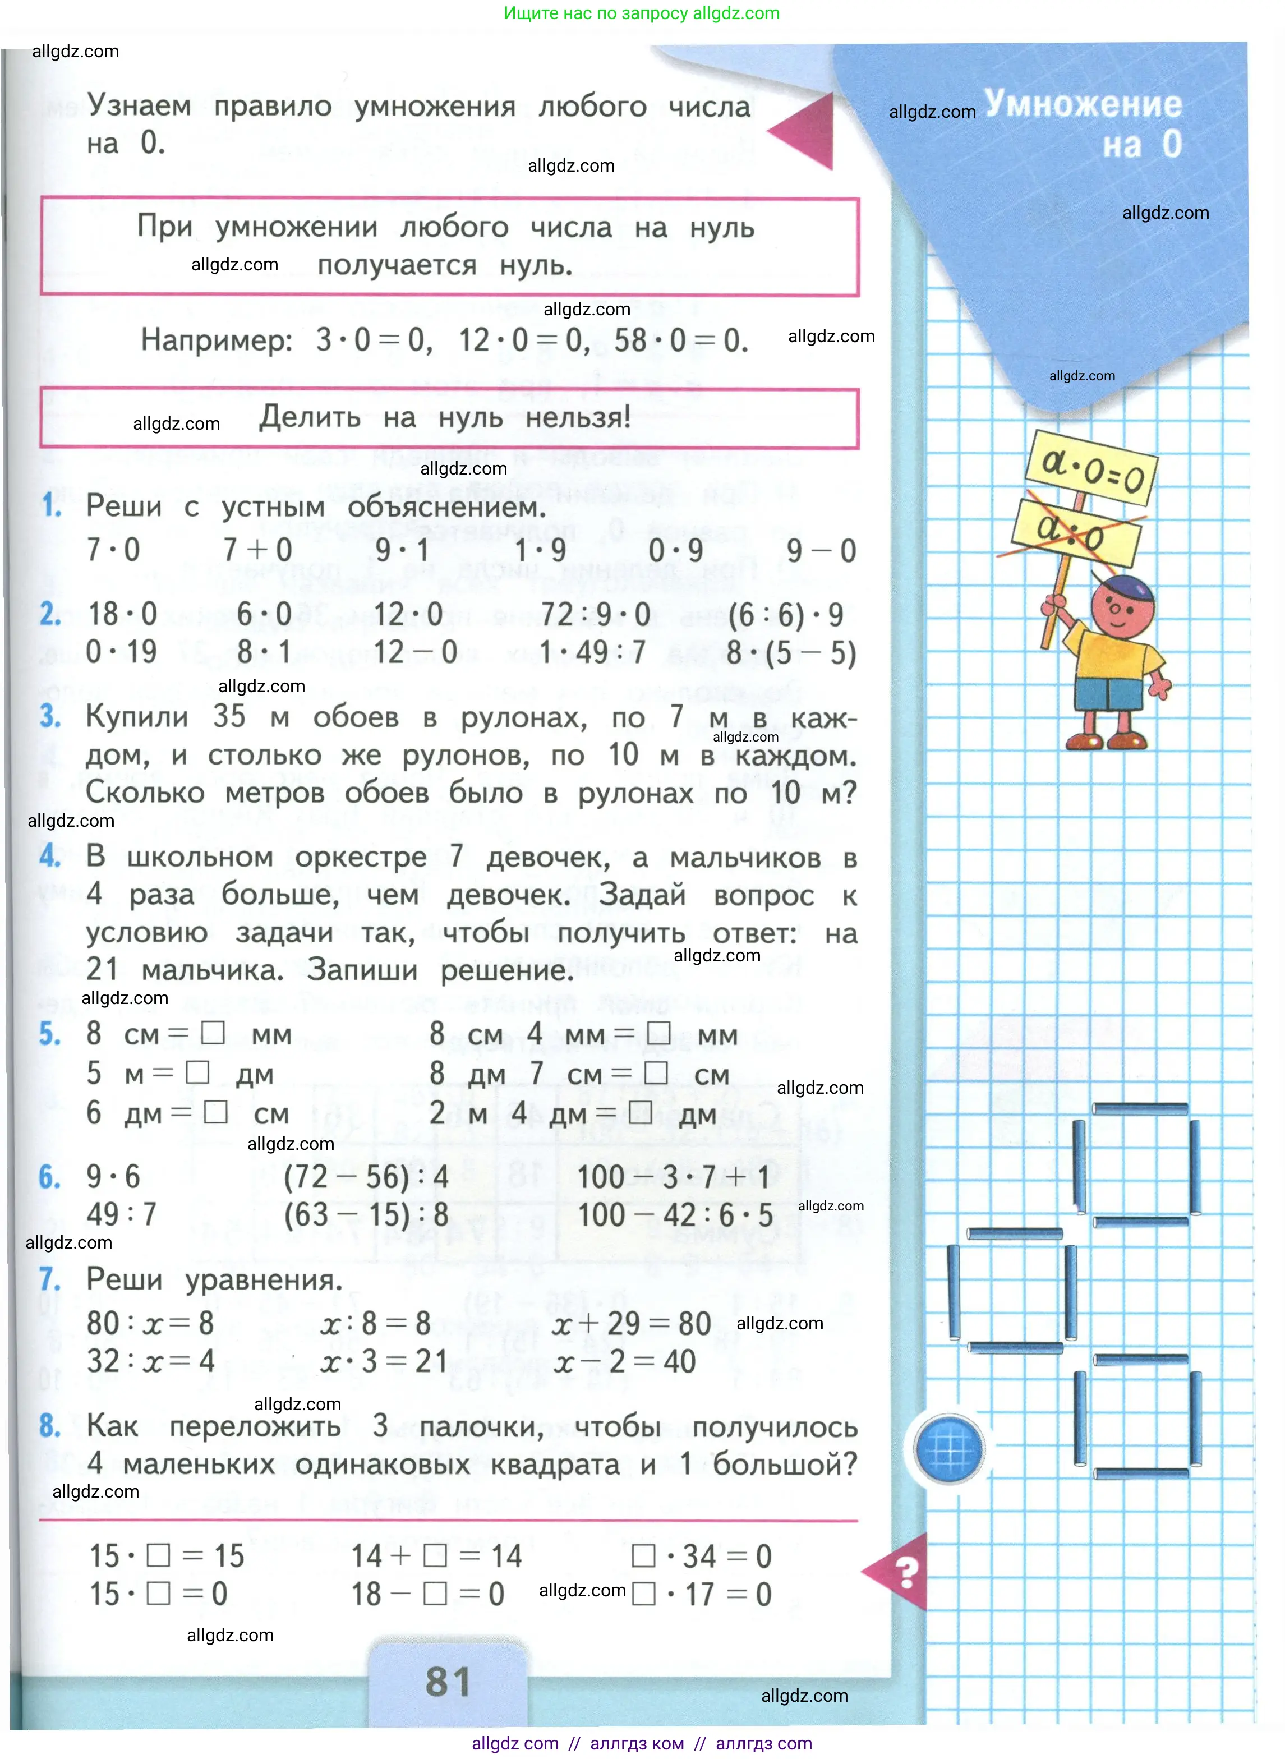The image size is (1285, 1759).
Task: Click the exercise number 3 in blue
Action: tap(50, 716)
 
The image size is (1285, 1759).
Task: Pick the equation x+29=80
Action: tap(632, 1323)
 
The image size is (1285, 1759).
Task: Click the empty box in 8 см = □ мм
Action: tap(213, 1033)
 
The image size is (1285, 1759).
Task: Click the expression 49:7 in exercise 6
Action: tap(121, 1214)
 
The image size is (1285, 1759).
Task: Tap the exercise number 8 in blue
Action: tap(50, 1425)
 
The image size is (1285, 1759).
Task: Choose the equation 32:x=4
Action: tap(150, 1361)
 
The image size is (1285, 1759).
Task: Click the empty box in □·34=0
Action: tap(643, 1556)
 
